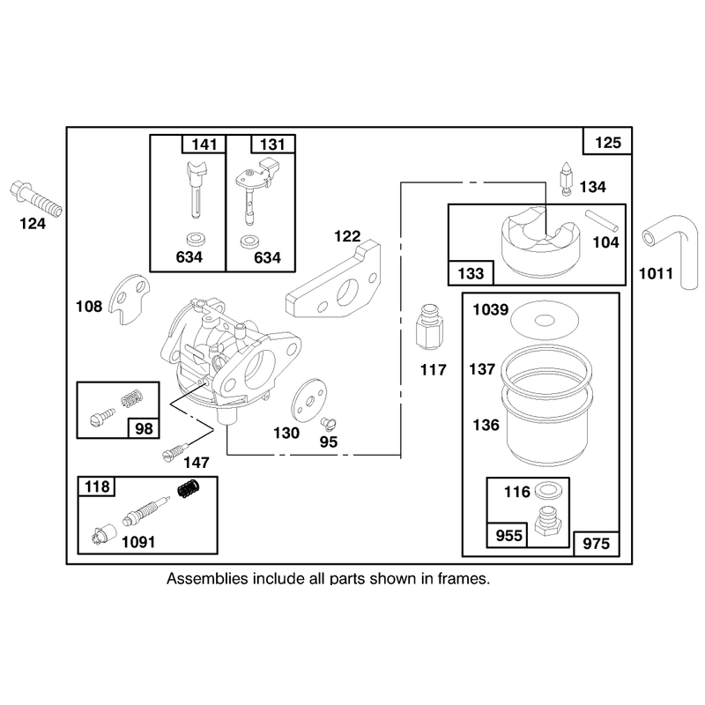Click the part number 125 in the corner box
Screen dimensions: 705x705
click(x=607, y=143)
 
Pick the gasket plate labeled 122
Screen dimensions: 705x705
click(x=333, y=281)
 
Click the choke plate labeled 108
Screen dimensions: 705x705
click(x=130, y=299)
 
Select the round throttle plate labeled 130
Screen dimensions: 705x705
click(x=309, y=400)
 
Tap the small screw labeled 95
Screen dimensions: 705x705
click(x=329, y=424)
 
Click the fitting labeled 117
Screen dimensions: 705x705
click(x=429, y=328)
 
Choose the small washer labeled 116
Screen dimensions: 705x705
click(x=546, y=492)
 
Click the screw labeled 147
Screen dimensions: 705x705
click(x=174, y=451)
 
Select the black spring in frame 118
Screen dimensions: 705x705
click(x=189, y=488)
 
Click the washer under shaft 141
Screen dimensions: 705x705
click(x=195, y=239)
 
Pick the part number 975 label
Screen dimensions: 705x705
click(x=597, y=544)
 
